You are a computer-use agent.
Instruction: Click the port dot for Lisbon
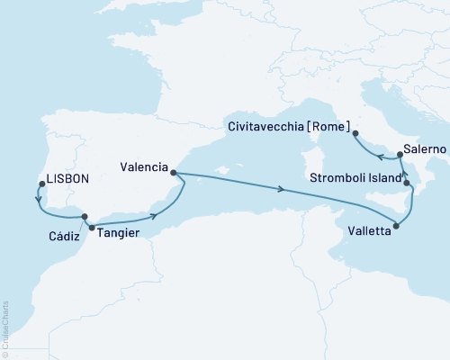click(x=41, y=184)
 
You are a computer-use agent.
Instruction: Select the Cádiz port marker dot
click(x=85, y=217)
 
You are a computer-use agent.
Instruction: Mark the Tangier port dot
click(x=92, y=229)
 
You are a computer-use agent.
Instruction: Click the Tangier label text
click(x=119, y=230)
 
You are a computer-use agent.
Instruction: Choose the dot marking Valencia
click(x=174, y=174)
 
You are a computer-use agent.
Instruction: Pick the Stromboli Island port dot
click(x=407, y=184)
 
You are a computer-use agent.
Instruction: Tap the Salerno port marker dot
click(x=400, y=155)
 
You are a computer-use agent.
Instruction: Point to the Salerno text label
click(x=423, y=145)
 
